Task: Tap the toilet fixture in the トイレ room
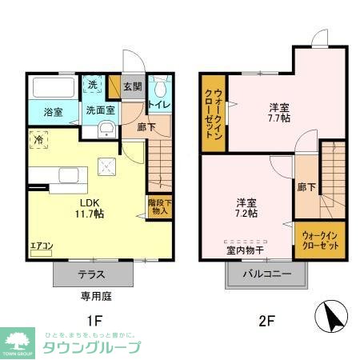[x=158, y=87]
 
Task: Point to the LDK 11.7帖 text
[x=90, y=208]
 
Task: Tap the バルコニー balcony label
[x=267, y=274]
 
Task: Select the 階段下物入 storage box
[x=158, y=206]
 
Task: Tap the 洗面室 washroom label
[x=101, y=111]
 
